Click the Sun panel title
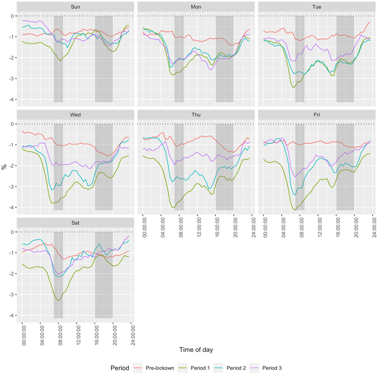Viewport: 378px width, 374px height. pyautogui.click(x=75, y=7)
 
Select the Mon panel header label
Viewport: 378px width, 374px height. pyautogui.click(x=196, y=7)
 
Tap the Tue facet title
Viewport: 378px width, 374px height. pyautogui.click(x=317, y=7)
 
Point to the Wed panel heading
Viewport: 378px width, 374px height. pyautogui.click(x=75, y=115)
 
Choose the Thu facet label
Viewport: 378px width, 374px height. pyautogui.click(x=196, y=115)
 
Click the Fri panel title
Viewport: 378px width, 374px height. pyautogui.click(x=317, y=115)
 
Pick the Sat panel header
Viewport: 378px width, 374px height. pyautogui.click(x=75, y=223)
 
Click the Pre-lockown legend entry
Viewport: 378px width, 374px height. pyautogui.click(x=160, y=368)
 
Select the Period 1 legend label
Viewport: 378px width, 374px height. pyautogui.click(x=200, y=368)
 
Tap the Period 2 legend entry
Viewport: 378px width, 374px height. pyautogui.click(x=236, y=368)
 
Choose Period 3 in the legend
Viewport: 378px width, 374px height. pyautogui.click(x=272, y=368)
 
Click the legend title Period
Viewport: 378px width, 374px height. pyautogui.click(x=120, y=368)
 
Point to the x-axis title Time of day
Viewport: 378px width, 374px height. pyautogui.click(x=196, y=350)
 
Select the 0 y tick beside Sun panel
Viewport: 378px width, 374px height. pyautogui.click(x=12, y=16)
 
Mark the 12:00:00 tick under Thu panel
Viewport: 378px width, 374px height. pyautogui.click(x=198, y=226)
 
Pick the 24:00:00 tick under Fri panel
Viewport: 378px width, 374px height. pyautogui.click(x=373, y=226)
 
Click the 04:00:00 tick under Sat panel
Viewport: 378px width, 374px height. pyautogui.click(x=40, y=335)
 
